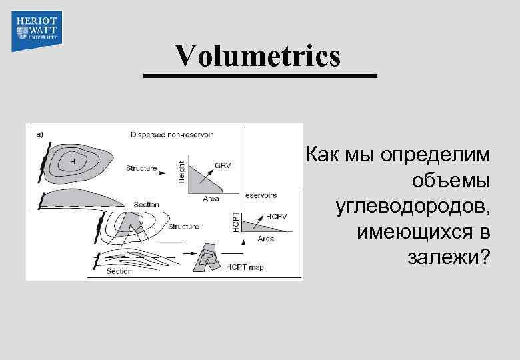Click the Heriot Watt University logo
[x=37, y=31]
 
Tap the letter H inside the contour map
[x=73, y=161]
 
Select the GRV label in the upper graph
[x=223, y=165]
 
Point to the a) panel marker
[x=39, y=133]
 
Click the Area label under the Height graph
[x=211, y=198]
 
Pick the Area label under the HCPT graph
[x=265, y=238]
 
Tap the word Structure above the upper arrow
[x=141, y=168]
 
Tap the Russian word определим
[x=434, y=155]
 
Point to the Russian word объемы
[x=451, y=181]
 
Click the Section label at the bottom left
[x=119, y=271]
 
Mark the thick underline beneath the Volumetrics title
[x=260, y=76]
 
